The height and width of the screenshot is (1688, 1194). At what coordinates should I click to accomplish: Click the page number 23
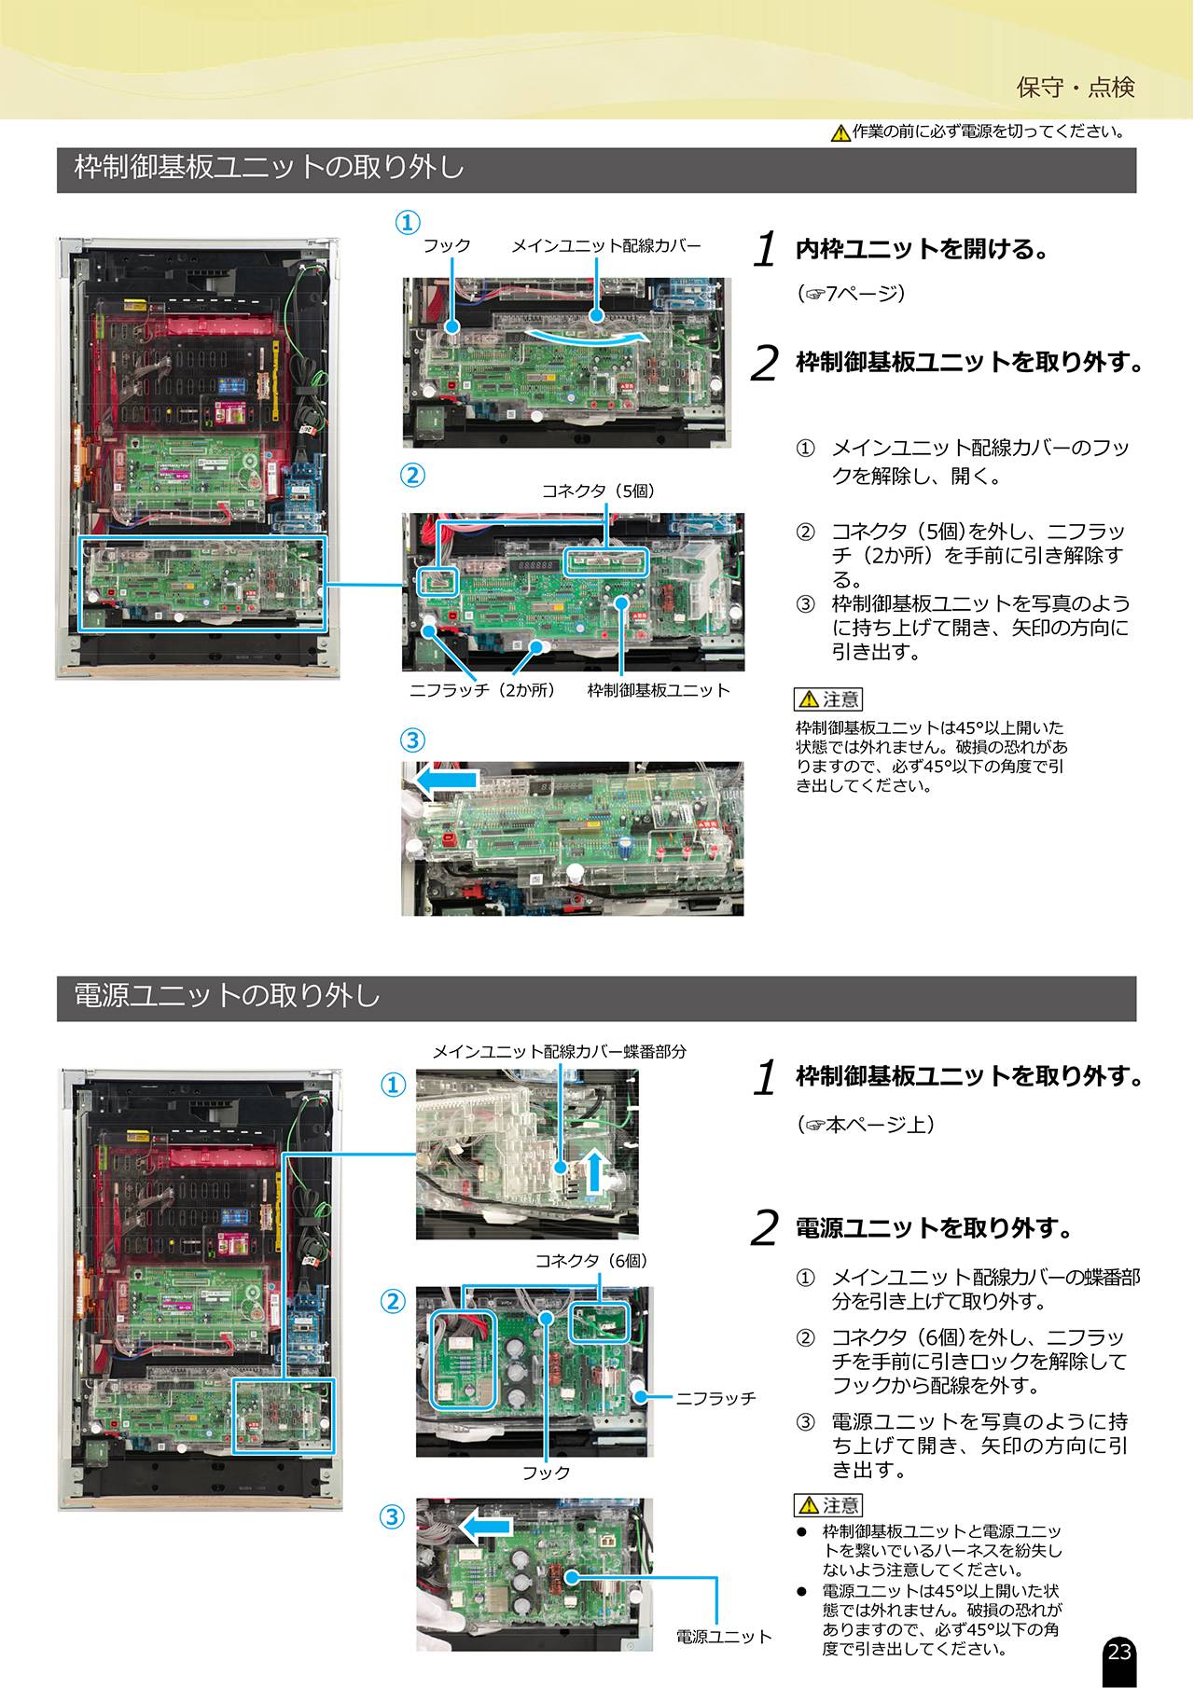click(x=1118, y=1652)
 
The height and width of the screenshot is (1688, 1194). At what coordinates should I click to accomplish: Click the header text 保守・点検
click(x=1076, y=88)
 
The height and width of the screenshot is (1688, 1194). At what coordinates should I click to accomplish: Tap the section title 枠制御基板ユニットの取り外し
click(x=270, y=168)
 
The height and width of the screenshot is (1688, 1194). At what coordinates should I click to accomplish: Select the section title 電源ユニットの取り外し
click(x=228, y=996)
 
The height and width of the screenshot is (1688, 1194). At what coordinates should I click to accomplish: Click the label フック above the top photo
click(x=447, y=245)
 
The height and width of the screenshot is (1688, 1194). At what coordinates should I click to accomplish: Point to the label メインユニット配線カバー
click(x=605, y=245)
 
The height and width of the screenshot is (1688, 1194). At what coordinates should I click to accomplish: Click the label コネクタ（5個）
click(x=599, y=491)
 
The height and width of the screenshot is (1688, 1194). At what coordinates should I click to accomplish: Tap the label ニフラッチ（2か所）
click(x=483, y=690)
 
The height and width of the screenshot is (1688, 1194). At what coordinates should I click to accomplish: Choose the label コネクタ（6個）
click(x=591, y=1261)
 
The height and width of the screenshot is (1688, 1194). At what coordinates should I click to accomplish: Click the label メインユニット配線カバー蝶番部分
click(x=559, y=1051)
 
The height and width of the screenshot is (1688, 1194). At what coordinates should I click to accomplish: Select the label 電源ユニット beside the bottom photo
click(x=724, y=1637)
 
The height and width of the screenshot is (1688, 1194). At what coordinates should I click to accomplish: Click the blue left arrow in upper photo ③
click(x=447, y=781)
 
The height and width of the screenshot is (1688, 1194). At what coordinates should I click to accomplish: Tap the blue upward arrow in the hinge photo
click(x=594, y=1171)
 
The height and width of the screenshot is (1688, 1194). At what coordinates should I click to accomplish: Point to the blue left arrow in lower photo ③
click(x=486, y=1527)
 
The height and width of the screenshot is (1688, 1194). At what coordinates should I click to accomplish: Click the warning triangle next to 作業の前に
click(x=840, y=132)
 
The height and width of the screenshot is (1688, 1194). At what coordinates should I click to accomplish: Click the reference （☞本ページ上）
click(x=866, y=1125)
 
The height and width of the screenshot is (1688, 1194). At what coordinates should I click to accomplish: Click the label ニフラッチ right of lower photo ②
click(x=715, y=1398)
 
